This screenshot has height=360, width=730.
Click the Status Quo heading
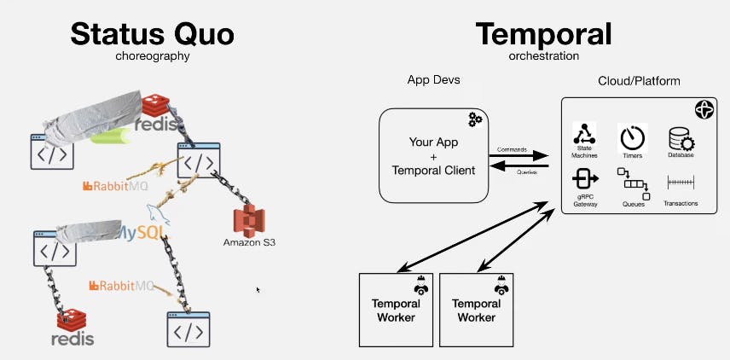tap(152, 34)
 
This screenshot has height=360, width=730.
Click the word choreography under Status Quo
tap(152, 57)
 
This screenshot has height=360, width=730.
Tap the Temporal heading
tap(543, 34)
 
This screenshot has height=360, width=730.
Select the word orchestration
tap(543, 56)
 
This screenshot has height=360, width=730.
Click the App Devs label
tap(433, 81)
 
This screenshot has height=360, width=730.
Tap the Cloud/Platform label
tap(639, 81)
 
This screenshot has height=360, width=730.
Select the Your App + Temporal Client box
tap(433, 154)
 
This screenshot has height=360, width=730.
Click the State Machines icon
tap(585, 136)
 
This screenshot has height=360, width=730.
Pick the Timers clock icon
tap(633, 136)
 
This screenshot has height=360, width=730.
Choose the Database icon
tap(681, 137)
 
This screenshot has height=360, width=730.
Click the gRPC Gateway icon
tap(585, 180)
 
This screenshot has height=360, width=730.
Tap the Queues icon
tap(633, 183)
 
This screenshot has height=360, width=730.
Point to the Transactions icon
tap(681, 182)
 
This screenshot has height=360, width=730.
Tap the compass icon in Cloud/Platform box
tap(703, 109)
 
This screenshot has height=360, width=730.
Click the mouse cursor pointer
tap(258, 290)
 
